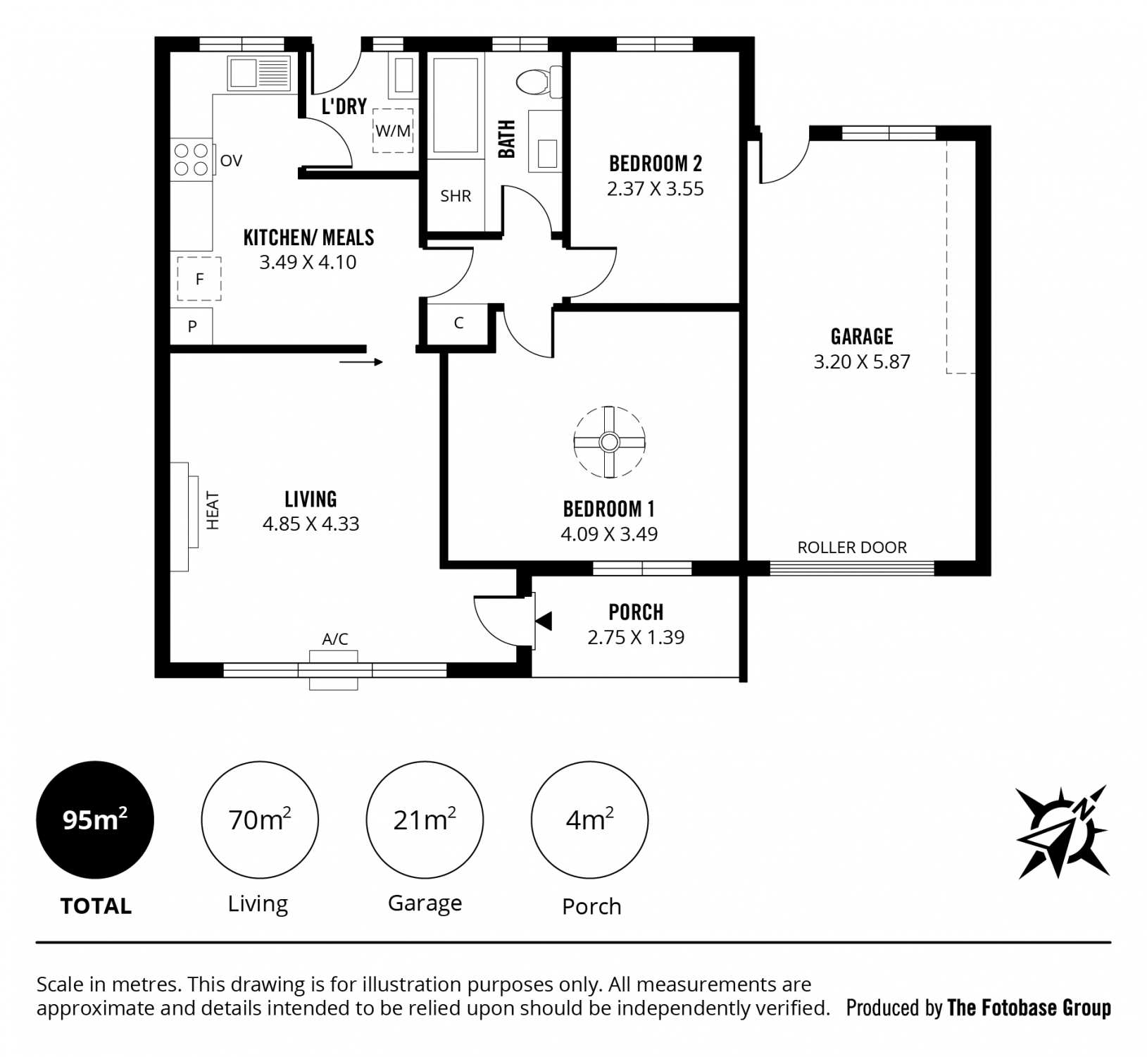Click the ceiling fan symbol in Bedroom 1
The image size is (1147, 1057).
point(609,443)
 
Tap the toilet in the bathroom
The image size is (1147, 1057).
point(539,82)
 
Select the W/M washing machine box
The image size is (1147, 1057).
point(393,130)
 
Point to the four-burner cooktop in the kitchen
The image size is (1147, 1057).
point(191,159)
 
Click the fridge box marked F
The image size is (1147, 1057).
point(199,279)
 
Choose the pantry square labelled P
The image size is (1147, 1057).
point(192,326)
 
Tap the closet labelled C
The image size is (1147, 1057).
point(458,323)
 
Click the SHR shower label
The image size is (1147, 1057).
point(456,196)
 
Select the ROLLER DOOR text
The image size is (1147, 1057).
point(852,548)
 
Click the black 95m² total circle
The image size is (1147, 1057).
point(95,820)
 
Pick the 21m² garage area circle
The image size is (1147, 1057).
point(425,820)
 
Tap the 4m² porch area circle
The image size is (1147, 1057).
point(589,820)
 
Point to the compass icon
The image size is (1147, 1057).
point(1063,832)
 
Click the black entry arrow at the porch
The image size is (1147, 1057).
point(544,621)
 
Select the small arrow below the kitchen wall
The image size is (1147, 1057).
point(361,362)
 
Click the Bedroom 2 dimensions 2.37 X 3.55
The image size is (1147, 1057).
point(656,189)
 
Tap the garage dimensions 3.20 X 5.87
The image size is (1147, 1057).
point(862,361)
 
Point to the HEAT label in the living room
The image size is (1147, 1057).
point(213,511)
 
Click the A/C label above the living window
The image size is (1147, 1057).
point(335,639)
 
